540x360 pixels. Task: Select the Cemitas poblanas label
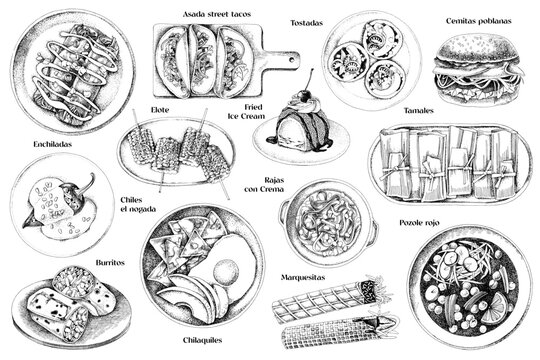(x=474, y=19)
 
